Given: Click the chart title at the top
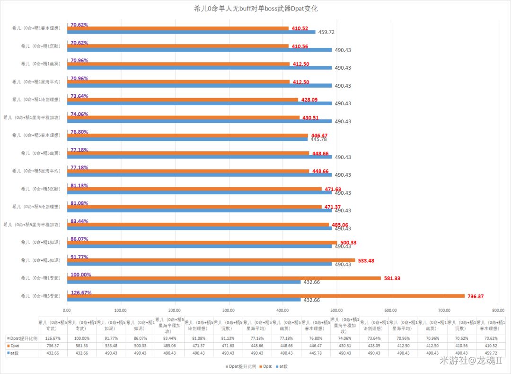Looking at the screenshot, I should click(256, 9).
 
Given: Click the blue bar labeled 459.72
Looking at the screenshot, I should click(191, 32).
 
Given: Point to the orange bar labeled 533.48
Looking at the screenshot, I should click(211, 260).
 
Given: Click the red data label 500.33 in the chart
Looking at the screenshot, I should click(348, 243).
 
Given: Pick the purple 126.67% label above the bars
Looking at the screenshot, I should click(81, 292).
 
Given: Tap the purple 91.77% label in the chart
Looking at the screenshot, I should click(79, 257).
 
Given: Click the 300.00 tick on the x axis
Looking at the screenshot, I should click(229, 310).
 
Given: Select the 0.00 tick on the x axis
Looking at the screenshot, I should click(67, 310).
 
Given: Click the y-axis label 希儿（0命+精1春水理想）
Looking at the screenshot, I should click(36, 28).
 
